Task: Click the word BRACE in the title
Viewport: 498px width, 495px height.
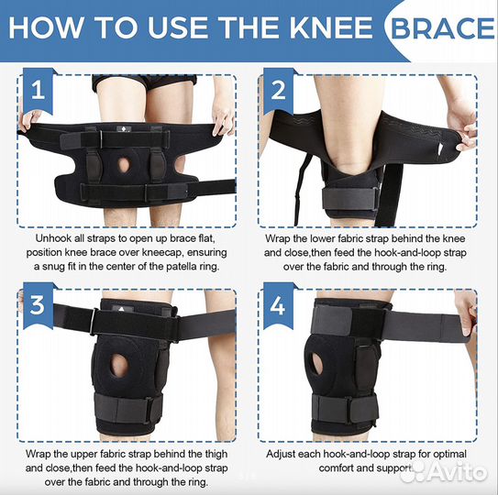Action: tap(442, 27)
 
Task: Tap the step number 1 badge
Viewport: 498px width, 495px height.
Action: tap(38, 91)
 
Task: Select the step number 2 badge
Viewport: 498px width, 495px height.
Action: tap(278, 91)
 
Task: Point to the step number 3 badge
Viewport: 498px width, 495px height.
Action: tap(38, 305)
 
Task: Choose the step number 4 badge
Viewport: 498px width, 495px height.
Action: tap(278, 305)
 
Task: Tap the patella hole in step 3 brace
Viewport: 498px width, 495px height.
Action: tap(119, 365)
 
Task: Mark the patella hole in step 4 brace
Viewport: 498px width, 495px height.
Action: tap(316, 363)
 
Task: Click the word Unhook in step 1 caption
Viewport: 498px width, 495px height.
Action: tap(50, 238)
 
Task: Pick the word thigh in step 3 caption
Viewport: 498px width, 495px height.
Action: tap(215, 454)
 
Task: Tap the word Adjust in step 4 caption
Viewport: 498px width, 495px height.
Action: tap(281, 454)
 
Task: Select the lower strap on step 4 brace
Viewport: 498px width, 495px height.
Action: tap(345, 408)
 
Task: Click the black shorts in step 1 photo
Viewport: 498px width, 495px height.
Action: tap(144, 82)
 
